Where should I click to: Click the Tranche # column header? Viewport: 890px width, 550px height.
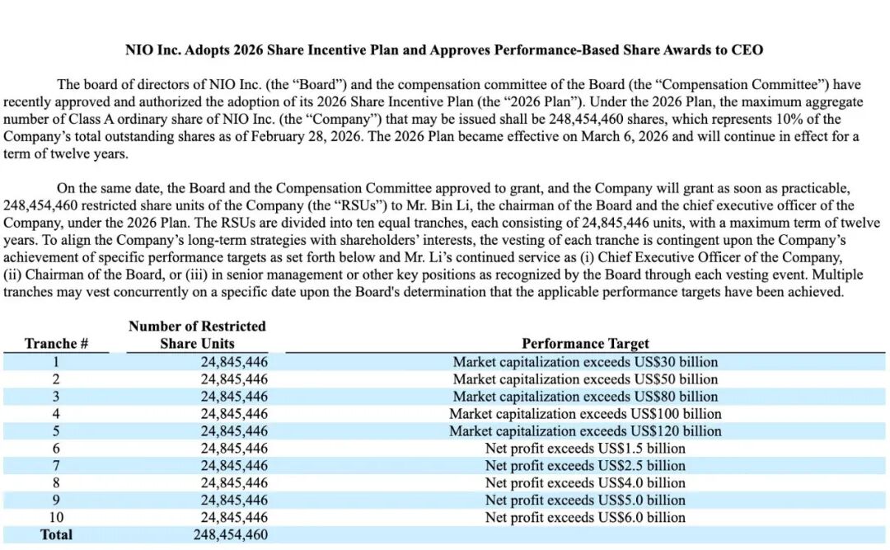click(56, 344)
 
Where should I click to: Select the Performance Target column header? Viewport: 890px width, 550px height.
click(585, 344)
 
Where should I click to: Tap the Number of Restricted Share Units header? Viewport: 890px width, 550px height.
click(197, 335)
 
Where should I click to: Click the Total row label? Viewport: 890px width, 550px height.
click(56, 535)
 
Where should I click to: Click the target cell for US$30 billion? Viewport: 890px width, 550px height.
click(585, 362)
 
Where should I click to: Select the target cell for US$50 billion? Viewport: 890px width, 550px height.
click(585, 379)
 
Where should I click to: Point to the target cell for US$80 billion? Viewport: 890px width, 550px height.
click(585, 397)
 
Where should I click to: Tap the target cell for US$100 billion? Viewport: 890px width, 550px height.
click(585, 414)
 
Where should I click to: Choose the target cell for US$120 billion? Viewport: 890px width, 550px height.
click(585, 431)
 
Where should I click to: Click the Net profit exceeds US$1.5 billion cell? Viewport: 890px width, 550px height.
click(585, 449)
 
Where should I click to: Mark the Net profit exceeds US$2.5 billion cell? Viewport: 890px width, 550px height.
click(585, 466)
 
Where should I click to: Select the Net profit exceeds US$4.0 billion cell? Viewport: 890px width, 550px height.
click(585, 483)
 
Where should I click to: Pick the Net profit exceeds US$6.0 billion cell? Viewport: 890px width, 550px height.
click(585, 518)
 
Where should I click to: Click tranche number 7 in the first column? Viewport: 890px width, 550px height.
click(56, 466)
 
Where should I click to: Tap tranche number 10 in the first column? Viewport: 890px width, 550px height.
click(56, 518)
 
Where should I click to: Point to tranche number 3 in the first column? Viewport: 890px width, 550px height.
click(56, 397)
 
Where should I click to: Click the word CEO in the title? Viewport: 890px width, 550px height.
click(747, 50)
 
